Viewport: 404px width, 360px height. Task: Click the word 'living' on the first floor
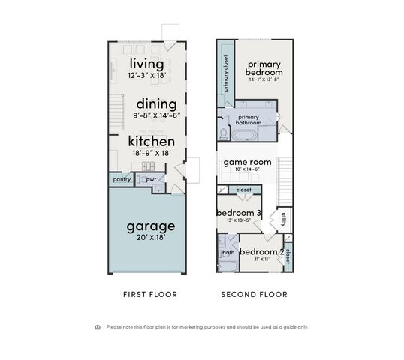click(x=146, y=63)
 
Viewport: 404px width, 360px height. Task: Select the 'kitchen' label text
click(x=151, y=141)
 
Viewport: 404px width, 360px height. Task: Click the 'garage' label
click(x=150, y=226)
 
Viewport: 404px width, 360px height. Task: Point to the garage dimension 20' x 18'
click(x=150, y=237)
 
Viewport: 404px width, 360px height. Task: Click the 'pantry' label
click(x=122, y=179)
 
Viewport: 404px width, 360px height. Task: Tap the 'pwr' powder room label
click(x=150, y=179)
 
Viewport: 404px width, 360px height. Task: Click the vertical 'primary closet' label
click(x=225, y=73)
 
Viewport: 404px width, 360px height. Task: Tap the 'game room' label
click(x=247, y=161)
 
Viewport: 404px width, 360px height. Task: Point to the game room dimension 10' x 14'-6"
click(x=247, y=169)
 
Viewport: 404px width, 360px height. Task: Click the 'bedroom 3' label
click(x=239, y=213)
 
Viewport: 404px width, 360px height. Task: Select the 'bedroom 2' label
click(x=261, y=251)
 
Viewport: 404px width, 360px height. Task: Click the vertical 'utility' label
click(x=284, y=218)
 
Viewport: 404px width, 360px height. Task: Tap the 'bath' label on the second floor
click(x=228, y=253)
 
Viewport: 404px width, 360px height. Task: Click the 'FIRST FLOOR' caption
click(x=150, y=295)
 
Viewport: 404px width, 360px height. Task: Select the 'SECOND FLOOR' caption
click(x=254, y=295)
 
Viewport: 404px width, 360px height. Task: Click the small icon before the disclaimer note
click(x=98, y=326)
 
